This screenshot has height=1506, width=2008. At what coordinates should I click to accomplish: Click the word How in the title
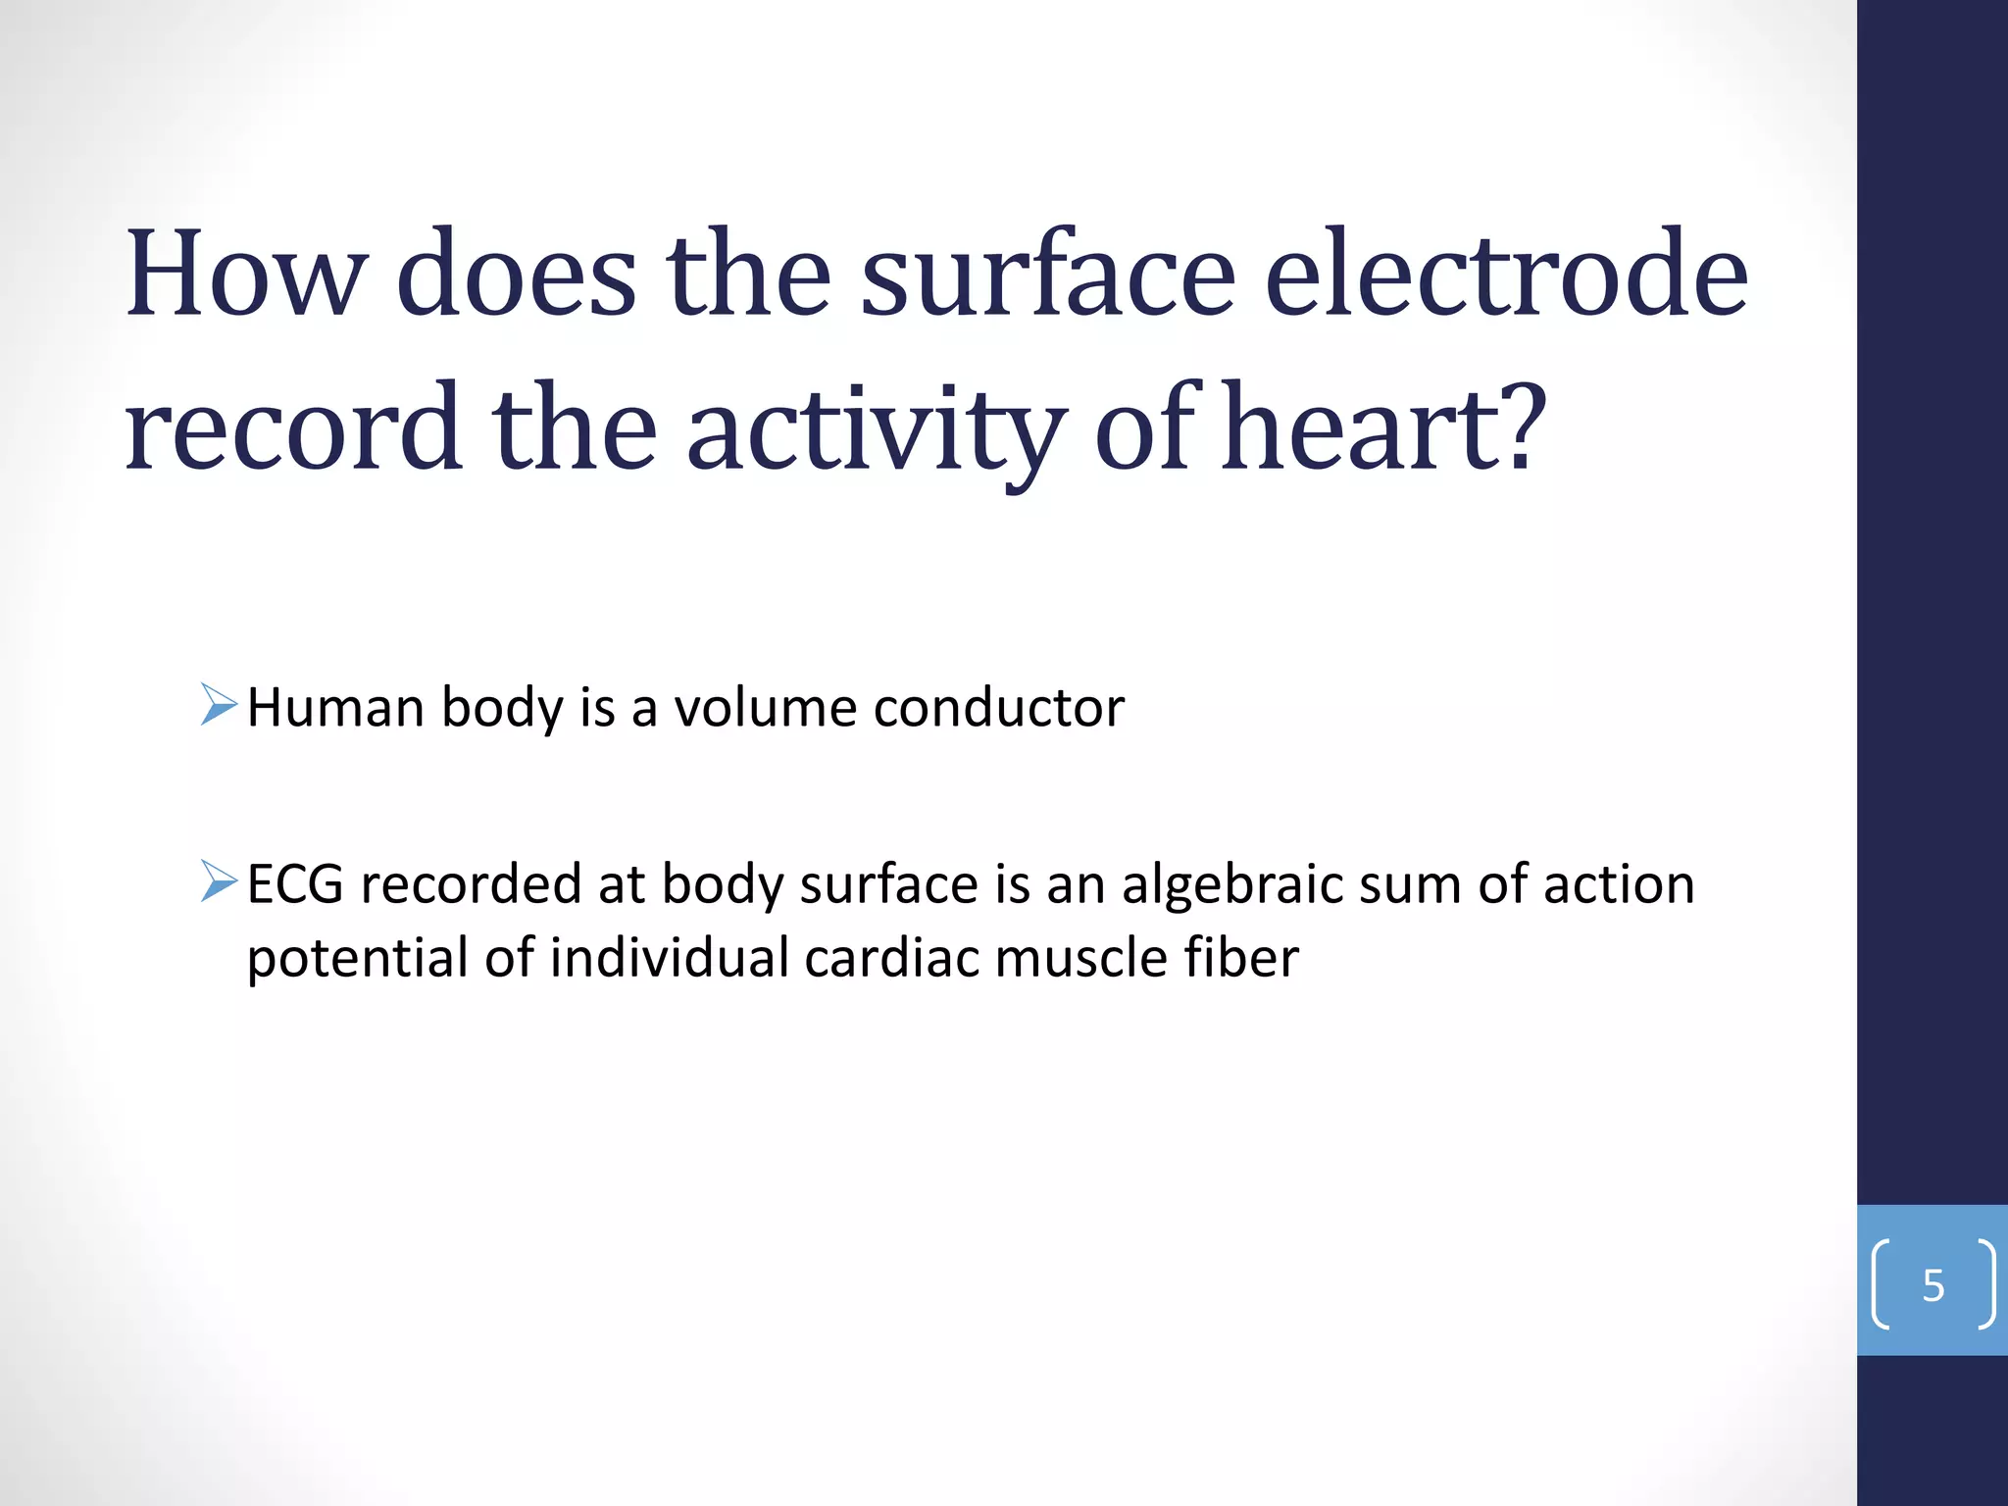click(246, 275)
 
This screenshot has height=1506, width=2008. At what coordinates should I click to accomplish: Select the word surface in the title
click(1047, 275)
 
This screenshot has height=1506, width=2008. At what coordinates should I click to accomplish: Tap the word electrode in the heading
click(1506, 275)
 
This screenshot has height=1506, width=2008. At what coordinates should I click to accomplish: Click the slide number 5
click(1933, 1285)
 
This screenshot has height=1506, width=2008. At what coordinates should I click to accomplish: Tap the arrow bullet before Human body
click(219, 705)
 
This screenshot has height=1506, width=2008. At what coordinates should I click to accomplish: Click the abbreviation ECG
click(295, 883)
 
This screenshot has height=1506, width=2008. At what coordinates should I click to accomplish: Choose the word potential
click(357, 959)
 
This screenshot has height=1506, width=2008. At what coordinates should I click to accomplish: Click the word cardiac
click(890, 957)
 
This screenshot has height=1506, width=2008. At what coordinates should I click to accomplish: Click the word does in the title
click(517, 275)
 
